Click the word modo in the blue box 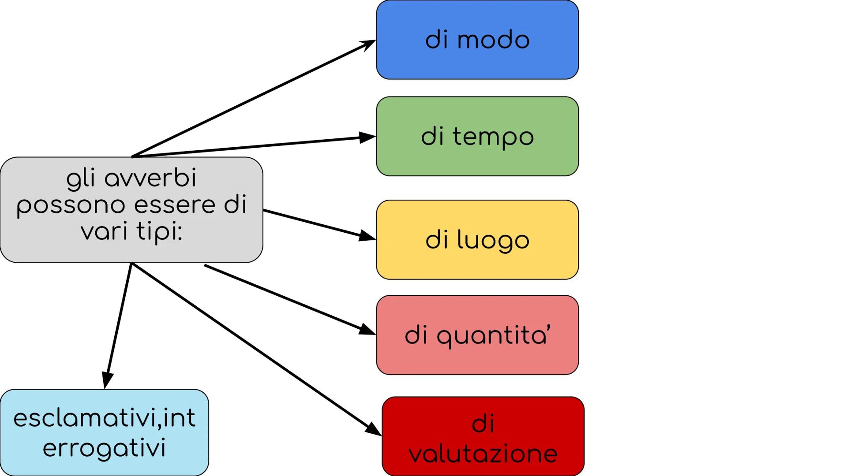click(x=493, y=40)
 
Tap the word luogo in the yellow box click(x=493, y=241)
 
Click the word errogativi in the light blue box click(x=104, y=448)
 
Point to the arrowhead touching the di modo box click(x=368, y=44)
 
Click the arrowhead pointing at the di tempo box click(x=367, y=138)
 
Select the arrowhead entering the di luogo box click(x=367, y=236)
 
